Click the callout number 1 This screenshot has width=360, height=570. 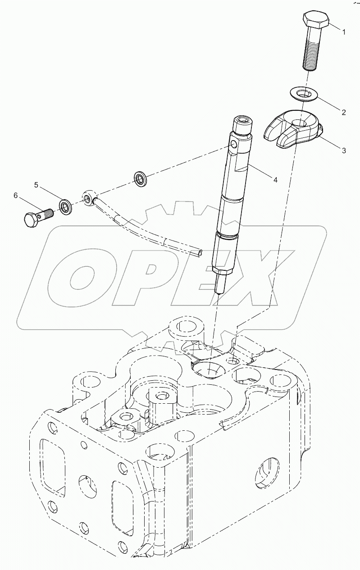tap(343, 32)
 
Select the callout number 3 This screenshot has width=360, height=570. tap(343, 150)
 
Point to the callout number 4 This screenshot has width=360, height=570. tap(274, 179)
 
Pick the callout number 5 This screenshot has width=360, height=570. tap(37, 185)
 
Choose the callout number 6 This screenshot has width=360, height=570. tap(16, 196)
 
